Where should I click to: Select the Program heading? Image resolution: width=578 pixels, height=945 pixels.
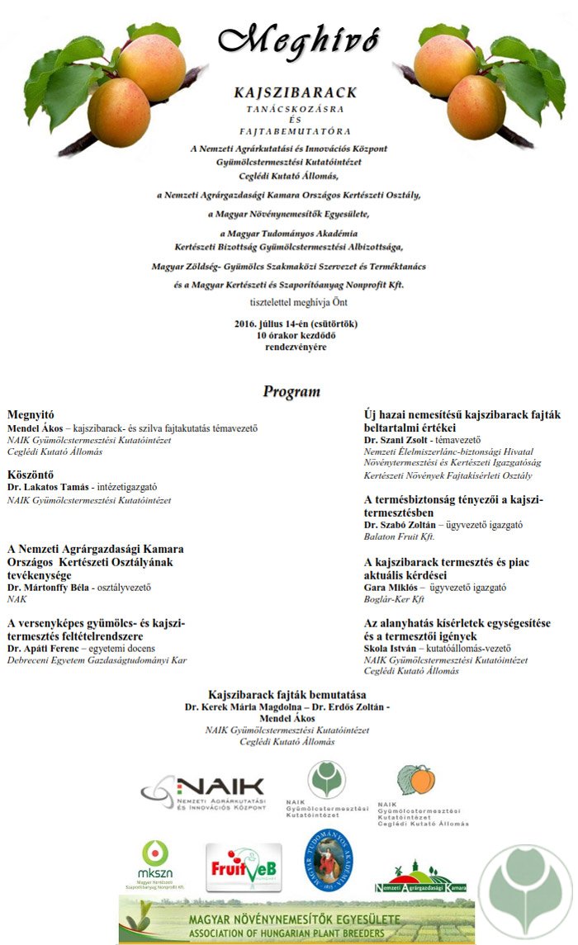tap(291, 391)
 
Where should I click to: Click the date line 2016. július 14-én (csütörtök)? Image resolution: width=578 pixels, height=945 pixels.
tap(296, 323)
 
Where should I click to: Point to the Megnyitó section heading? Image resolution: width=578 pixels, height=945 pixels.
tap(31, 414)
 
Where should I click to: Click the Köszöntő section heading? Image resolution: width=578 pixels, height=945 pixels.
tap(31, 474)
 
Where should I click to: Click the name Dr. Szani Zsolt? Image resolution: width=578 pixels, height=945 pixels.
tap(397, 440)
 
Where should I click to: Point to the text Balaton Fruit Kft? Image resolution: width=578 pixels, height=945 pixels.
tap(399, 536)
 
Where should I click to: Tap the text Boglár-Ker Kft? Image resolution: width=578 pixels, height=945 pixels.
tap(394, 600)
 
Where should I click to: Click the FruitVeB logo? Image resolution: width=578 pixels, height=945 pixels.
tap(244, 867)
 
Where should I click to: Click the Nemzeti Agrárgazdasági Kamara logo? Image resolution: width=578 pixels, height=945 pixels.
tap(420, 878)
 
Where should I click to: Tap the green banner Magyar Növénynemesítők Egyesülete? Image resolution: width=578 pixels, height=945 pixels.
tap(297, 921)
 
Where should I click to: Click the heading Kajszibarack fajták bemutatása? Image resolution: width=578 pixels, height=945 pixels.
tap(287, 695)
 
